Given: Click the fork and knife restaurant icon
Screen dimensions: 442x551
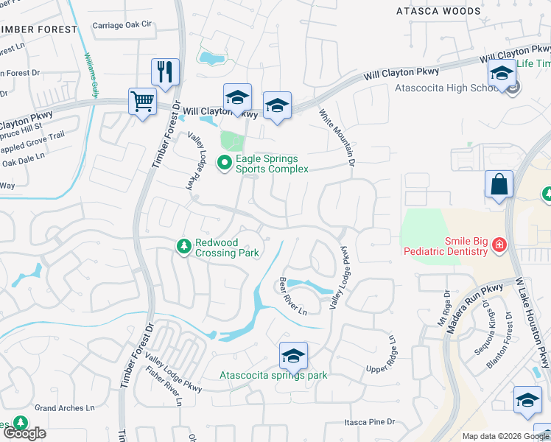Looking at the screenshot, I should [x=163, y=72].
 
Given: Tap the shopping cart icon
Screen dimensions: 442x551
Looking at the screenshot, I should [x=141, y=101].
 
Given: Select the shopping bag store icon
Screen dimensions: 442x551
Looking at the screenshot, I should [x=499, y=184].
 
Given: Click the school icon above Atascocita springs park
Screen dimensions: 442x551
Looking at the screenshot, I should [x=293, y=357].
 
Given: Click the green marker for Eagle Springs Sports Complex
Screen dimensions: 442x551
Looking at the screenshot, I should [x=225, y=163].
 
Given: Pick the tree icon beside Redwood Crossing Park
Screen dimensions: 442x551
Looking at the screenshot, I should [x=184, y=246].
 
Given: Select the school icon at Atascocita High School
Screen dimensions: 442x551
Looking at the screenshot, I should [x=502, y=74].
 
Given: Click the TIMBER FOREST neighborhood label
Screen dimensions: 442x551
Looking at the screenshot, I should [x=38, y=29].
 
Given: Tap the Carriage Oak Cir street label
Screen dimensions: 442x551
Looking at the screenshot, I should [x=122, y=25].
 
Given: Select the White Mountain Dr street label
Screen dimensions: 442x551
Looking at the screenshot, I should [x=337, y=137].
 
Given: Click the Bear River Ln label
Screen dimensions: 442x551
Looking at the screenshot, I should [x=292, y=296].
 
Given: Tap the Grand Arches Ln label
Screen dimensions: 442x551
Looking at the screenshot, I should [x=65, y=407].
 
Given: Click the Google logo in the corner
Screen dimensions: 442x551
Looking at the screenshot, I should [x=24, y=433].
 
